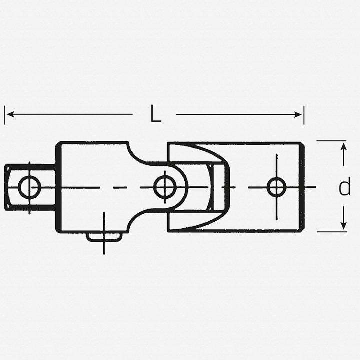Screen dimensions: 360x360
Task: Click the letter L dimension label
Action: point(155,115)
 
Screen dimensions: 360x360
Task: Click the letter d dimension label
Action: point(344,188)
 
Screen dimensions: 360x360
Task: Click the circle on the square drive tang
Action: point(29,187)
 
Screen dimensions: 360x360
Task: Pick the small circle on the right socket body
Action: point(276,187)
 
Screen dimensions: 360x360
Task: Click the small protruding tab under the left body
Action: point(104,236)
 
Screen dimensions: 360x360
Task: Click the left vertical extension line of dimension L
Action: point(4,115)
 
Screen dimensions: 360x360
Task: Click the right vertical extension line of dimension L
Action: point(304,115)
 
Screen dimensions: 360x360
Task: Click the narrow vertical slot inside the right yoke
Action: point(218,187)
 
